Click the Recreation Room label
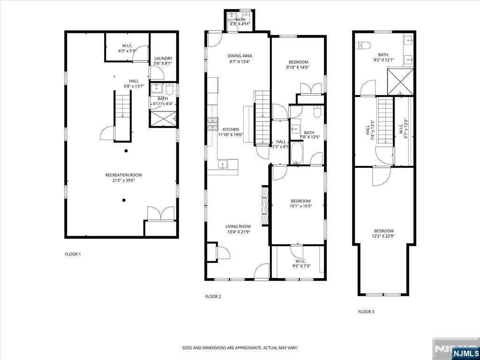click(123, 175)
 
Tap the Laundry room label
click(163, 59)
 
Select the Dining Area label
click(240, 56)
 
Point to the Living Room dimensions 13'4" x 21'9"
click(238, 232)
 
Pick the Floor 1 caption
click(73, 254)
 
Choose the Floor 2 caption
click(213, 296)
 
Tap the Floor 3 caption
click(366, 312)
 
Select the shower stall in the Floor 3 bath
click(400, 82)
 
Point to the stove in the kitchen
click(213, 124)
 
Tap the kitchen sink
click(223, 165)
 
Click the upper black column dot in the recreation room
click(126, 150)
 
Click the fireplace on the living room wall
click(265, 206)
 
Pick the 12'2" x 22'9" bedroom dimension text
click(383, 236)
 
